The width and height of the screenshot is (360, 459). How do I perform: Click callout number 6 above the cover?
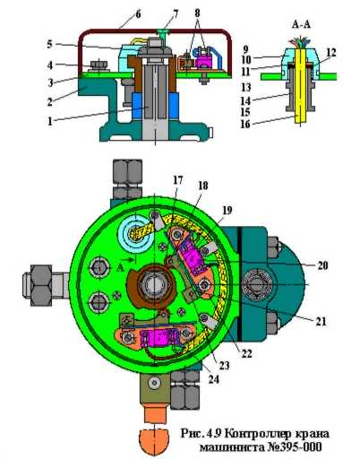click(x=138, y=14)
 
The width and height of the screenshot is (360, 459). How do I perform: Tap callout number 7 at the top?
click(x=176, y=13)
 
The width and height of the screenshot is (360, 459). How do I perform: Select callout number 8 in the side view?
click(x=197, y=13)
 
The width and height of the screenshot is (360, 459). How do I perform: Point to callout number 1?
click(x=50, y=121)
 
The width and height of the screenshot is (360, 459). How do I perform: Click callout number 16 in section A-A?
click(x=245, y=124)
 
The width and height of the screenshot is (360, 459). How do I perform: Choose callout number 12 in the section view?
click(x=331, y=53)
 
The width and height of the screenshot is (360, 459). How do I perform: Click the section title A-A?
click(x=301, y=24)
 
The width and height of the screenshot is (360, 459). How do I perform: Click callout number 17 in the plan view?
click(x=178, y=180)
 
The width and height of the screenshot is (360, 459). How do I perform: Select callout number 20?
click(x=322, y=265)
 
